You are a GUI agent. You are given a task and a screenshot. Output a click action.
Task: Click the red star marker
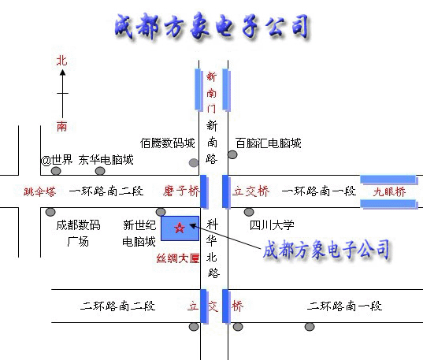tap(180, 228)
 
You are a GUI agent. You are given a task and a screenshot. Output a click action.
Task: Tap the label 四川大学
tap(272, 225)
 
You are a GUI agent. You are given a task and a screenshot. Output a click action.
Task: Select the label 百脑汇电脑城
tap(268, 143)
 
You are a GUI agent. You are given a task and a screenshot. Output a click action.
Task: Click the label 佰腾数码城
tap(168, 143)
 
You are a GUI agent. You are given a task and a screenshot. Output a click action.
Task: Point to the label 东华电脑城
tap(106, 160)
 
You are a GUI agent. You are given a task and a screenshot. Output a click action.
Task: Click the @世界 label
tap(57, 160)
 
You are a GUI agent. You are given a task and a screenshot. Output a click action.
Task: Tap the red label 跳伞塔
tap(39, 192)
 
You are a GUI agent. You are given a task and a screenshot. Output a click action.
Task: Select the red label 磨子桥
tap(181, 191)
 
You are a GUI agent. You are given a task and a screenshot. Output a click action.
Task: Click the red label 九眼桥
tap(389, 192)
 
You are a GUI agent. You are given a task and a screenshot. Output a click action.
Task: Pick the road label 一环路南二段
tap(106, 191)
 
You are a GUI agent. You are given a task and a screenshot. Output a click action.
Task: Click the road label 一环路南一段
tap(319, 191)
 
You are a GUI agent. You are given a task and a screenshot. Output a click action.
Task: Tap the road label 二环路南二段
tap(117, 306)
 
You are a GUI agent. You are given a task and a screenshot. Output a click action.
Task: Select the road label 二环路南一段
tap(344, 306)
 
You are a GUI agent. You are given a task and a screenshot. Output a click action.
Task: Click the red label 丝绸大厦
tap(178, 258)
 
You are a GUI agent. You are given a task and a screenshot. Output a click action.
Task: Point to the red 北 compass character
tap(61, 61)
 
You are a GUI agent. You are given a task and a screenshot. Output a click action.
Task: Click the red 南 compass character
tap(61, 126)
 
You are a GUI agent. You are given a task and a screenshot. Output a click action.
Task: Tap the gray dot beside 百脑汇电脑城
tap(232, 154)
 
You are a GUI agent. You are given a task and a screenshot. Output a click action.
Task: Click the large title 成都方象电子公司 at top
tap(212, 27)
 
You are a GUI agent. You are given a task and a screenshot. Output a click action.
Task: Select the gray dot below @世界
tap(56, 171)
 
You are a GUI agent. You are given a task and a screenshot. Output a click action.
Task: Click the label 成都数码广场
tap(78, 233)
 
